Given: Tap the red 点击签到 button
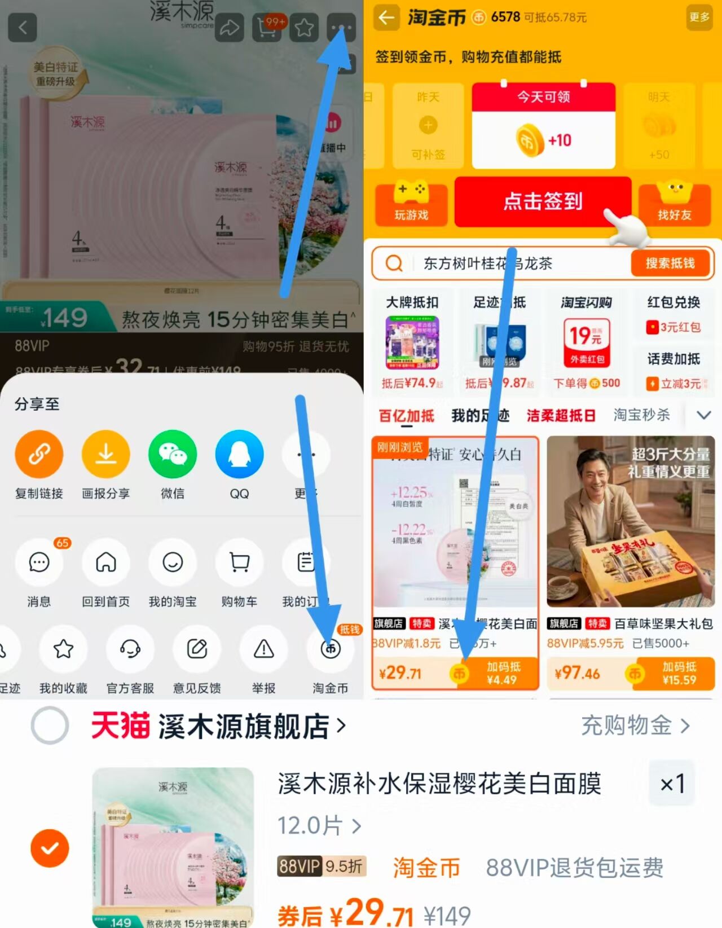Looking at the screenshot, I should pos(542,201).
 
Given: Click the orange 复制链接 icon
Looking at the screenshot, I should pos(39,454).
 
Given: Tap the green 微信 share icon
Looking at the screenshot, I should pos(173,454).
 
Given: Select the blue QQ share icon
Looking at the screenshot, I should pos(239,454).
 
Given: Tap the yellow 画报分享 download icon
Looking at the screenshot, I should pos(105,454).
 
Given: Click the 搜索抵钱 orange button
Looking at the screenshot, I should pos(670,263).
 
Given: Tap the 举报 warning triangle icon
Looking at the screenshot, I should pos(263,649).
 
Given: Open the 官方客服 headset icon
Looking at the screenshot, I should pos(130,649).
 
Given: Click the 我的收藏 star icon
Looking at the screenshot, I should pos(63,649).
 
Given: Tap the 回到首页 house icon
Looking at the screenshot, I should pos(105,562).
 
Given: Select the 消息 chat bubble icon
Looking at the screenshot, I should pos(39,562).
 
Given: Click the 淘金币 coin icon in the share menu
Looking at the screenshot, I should pos(331,649).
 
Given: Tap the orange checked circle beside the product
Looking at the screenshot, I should pos(50,848).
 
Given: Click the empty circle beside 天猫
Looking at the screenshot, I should pos(50,725).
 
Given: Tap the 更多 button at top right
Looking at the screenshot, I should pos(699,17).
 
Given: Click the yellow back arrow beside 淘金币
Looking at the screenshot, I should pos(386,18).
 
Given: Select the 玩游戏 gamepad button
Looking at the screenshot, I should pos(411,203).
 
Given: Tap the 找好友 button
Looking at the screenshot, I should pos(674,203).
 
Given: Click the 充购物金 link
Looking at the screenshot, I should pos(635,725).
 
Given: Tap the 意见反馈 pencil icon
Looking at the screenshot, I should pos(197,649).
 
